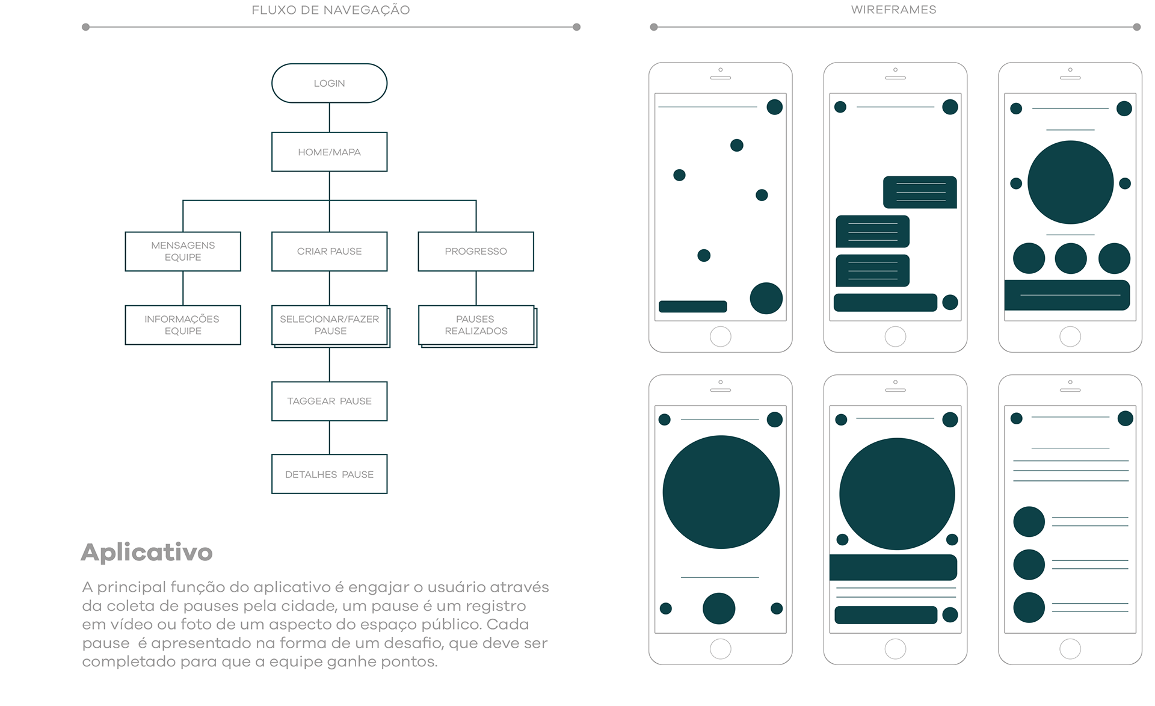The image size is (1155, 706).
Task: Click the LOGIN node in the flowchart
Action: [x=329, y=83]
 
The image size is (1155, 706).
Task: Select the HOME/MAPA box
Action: [x=329, y=152]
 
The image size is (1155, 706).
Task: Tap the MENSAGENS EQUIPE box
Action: [x=183, y=251]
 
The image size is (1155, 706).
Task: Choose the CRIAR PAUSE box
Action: [x=329, y=251]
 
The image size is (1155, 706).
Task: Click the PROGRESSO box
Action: [x=476, y=251]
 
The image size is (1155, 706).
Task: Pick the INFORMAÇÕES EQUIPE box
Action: [x=183, y=325]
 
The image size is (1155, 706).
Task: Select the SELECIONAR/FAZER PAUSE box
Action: [x=330, y=325]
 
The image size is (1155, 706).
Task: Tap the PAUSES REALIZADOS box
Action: [x=476, y=325]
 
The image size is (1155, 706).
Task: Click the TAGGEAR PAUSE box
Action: [x=329, y=401]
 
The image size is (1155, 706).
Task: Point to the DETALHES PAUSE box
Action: [x=329, y=474]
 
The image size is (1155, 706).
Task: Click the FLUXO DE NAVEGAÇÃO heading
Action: [x=330, y=10]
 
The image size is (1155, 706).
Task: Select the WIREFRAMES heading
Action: [x=893, y=10]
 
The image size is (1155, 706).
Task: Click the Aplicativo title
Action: [x=147, y=553]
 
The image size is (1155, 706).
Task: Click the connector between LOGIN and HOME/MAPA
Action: [x=329, y=117]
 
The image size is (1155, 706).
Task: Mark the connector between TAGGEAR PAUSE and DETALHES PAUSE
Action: [x=329, y=438]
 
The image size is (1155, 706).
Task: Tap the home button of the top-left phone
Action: [x=720, y=336]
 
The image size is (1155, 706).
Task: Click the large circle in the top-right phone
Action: [x=1070, y=182]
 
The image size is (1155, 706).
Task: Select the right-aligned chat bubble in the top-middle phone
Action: [x=920, y=192]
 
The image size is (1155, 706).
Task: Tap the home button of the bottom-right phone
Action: [x=1070, y=649]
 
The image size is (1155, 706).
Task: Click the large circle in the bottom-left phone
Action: [x=721, y=492]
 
